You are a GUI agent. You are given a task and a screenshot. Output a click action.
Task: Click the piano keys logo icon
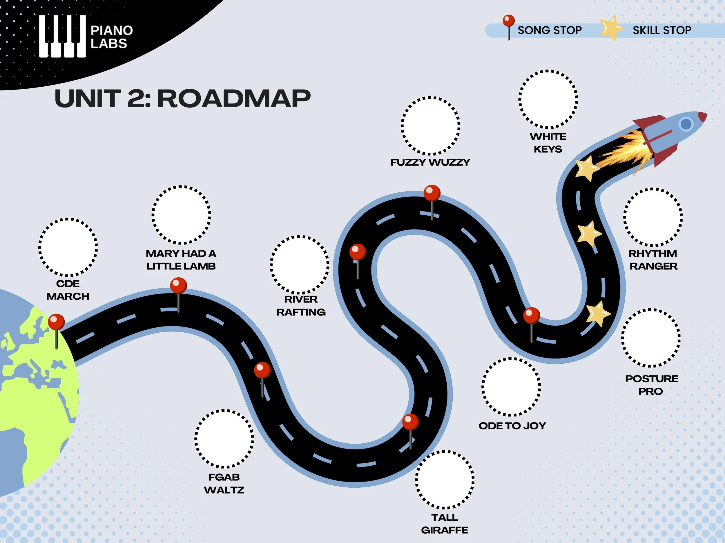[62, 36]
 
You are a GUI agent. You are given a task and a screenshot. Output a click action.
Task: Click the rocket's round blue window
[686, 124]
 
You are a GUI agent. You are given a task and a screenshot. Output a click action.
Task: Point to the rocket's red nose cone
[702, 116]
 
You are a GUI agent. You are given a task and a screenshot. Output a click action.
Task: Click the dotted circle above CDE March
[68, 247]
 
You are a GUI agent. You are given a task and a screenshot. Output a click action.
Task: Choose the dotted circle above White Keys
[548, 99]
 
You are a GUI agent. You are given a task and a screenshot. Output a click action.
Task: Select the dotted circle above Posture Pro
[650, 338]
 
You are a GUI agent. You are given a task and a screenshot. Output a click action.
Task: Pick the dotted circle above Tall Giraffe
[445, 480]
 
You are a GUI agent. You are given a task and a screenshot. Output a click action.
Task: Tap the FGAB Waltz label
[224, 483]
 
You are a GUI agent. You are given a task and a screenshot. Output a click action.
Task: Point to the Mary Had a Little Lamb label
[181, 260]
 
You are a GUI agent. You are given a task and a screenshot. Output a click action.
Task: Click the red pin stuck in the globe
[56, 322]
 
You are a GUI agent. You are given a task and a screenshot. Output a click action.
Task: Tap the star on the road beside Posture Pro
[597, 314]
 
